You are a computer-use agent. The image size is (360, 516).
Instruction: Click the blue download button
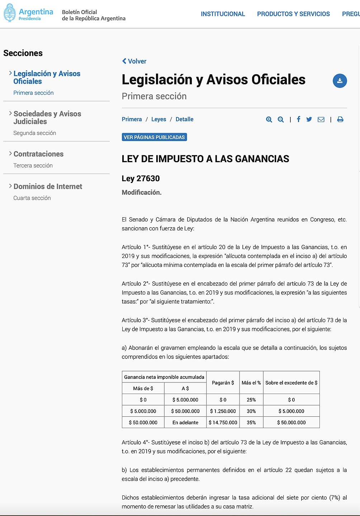[x=340, y=81]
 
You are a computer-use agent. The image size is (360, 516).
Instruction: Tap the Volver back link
[x=134, y=61]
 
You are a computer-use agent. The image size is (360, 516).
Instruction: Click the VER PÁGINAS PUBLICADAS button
[x=154, y=137]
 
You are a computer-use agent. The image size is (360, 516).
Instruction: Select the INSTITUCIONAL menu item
[x=223, y=14]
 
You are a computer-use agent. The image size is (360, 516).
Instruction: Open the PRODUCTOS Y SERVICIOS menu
[x=293, y=14]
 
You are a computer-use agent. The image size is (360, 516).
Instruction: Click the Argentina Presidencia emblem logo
[x=10, y=13]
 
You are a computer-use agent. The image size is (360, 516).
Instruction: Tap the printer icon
[x=340, y=119]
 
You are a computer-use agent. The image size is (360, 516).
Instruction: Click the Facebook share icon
[x=298, y=119]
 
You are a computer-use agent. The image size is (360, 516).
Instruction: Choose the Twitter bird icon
[x=309, y=119]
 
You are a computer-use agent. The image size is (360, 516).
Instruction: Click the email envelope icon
[x=321, y=119]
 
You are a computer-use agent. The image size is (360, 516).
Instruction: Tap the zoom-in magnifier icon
[x=269, y=119]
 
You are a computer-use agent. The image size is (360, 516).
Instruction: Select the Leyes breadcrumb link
[x=158, y=119]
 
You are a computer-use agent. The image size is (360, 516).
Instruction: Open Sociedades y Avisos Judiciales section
[x=47, y=118]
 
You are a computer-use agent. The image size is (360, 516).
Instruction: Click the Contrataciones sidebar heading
[x=38, y=154]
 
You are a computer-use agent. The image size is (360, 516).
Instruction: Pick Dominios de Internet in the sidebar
[x=48, y=187]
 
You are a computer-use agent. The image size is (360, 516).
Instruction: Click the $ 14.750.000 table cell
[x=223, y=422]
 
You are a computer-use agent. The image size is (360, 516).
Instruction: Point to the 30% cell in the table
[x=251, y=411]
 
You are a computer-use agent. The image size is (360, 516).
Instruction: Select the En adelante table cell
[x=185, y=422]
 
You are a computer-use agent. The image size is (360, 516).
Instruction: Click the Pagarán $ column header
[x=223, y=383]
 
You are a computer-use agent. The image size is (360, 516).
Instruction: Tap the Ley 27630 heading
[x=141, y=178]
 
